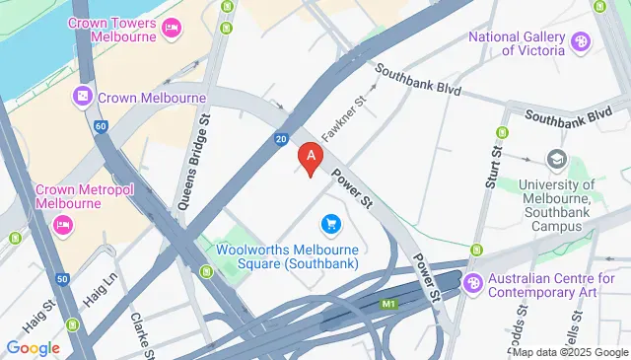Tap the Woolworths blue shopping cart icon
coord(330,226)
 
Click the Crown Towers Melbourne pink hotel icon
coord(171,27)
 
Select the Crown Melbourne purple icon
coord(82,97)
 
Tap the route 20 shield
coord(281,140)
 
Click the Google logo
coord(33,347)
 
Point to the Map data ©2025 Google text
coord(569,352)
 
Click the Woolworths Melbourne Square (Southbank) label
coord(286,255)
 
